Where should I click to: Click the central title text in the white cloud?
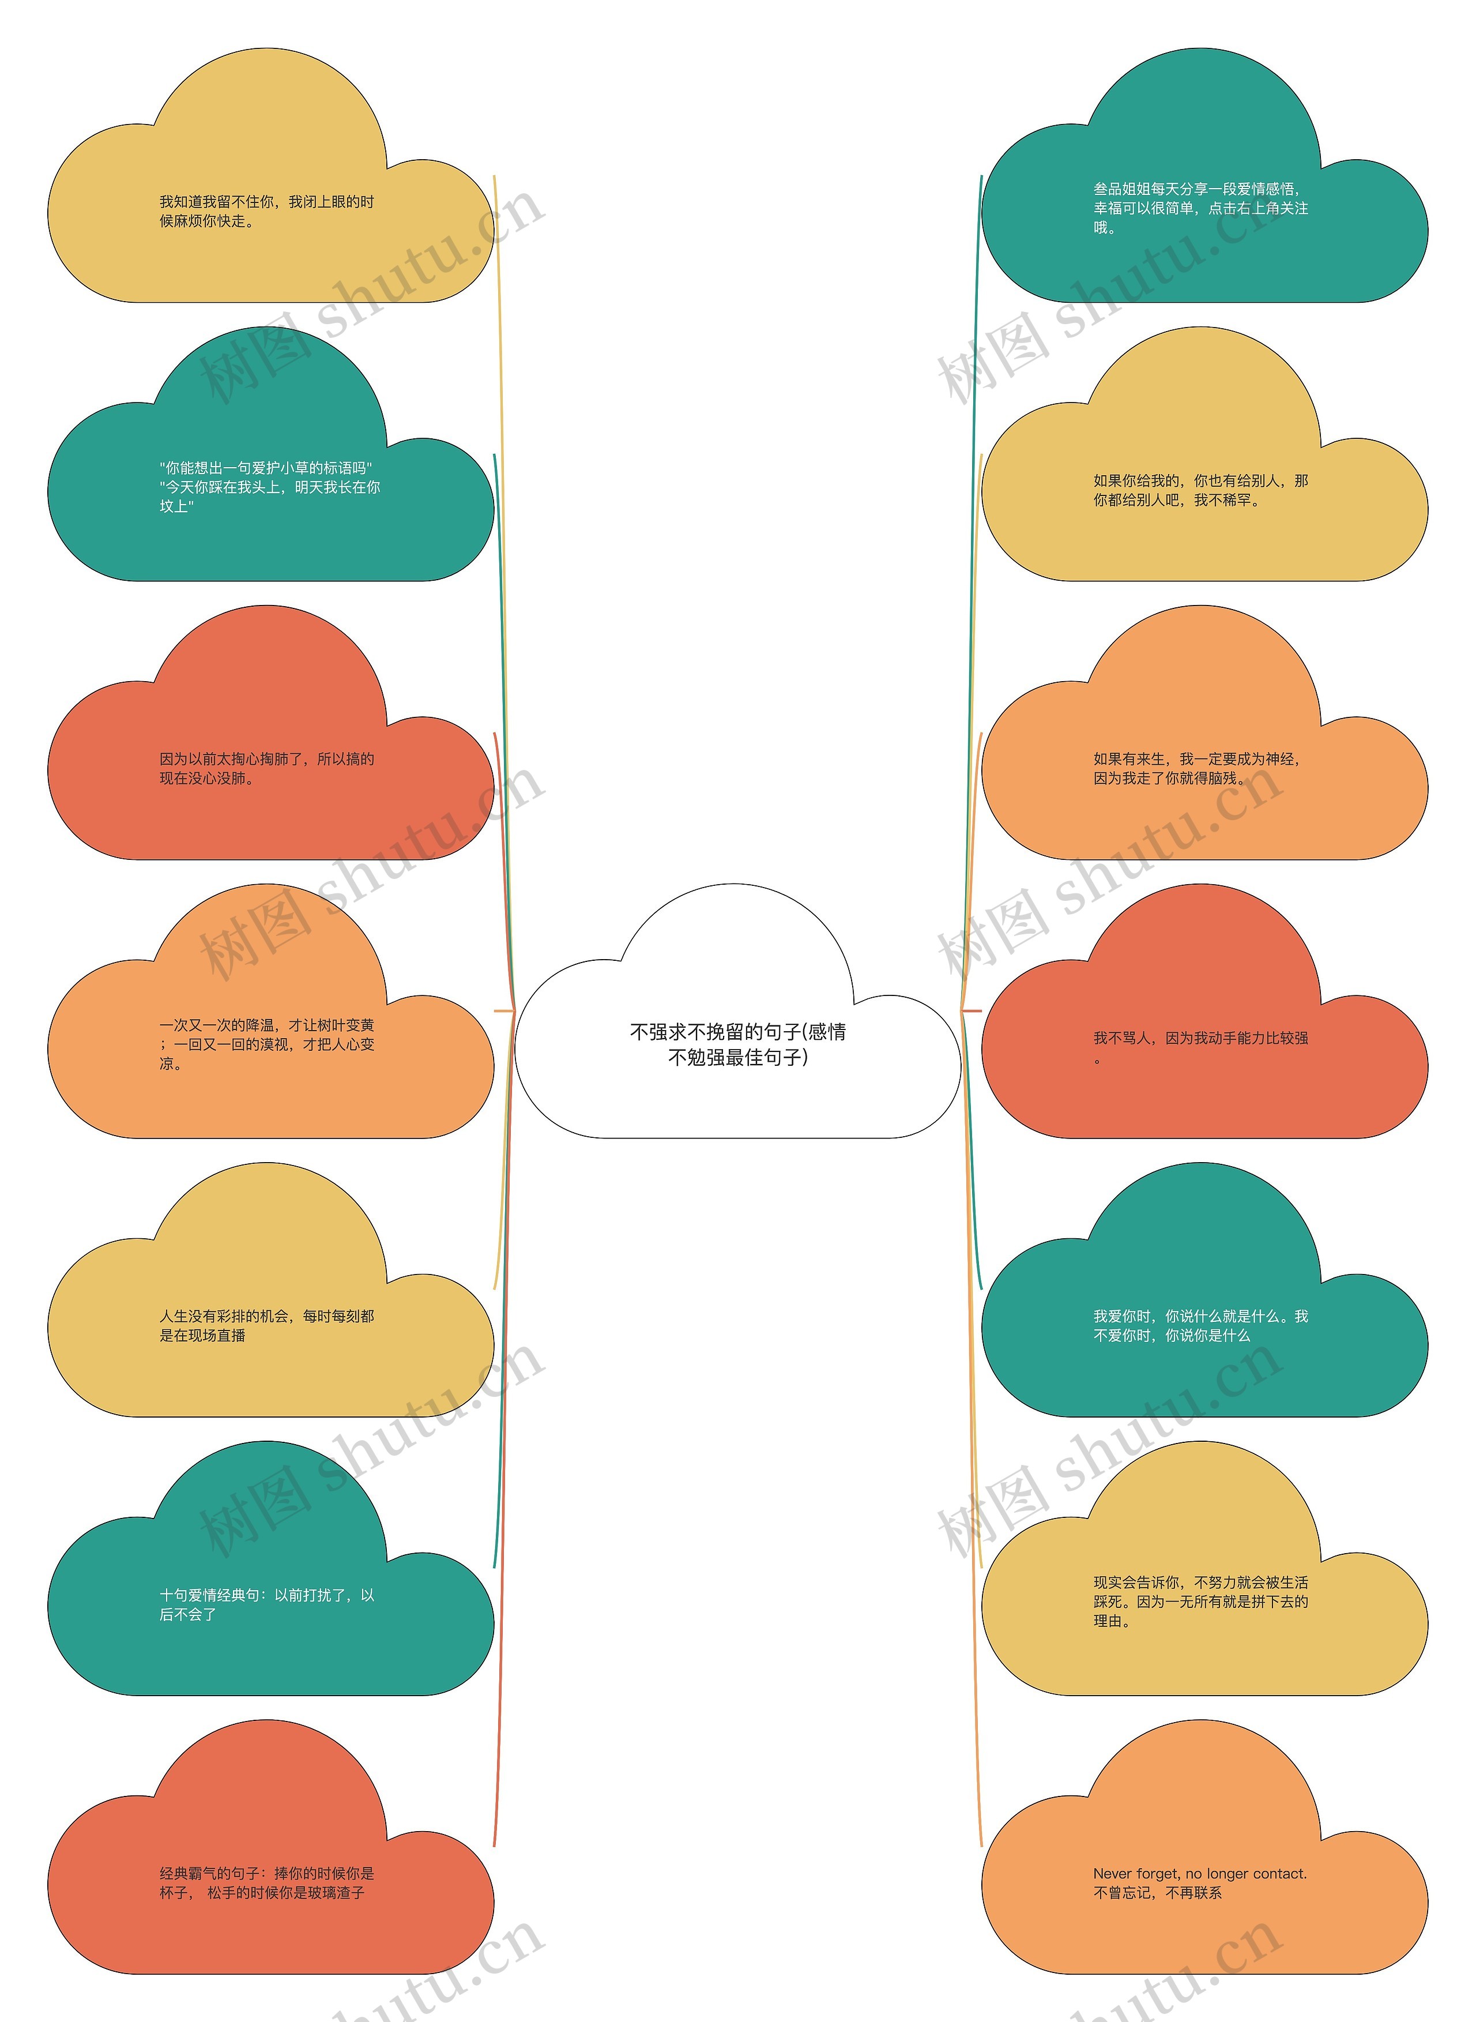click(x=738, y=1044)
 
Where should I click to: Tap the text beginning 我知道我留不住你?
click(x=266, y=212)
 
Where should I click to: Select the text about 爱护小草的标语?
click(x=270, y=487)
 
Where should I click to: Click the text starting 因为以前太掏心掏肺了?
click(x=266, y=768)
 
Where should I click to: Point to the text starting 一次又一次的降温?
click(x=266, y=1044)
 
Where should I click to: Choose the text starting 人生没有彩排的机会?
click(x=266, y=1326)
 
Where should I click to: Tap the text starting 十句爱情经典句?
click(x=266, y=1604)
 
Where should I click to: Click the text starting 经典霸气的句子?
click(x=266, y=1882)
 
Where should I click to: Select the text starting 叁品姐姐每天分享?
click(x=1200, y=208)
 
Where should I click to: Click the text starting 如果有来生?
click(x=1196, y=768)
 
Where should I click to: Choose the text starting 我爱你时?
click(x=1200, y=1326)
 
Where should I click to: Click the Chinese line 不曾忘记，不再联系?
click(x=1157, y=1892)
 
